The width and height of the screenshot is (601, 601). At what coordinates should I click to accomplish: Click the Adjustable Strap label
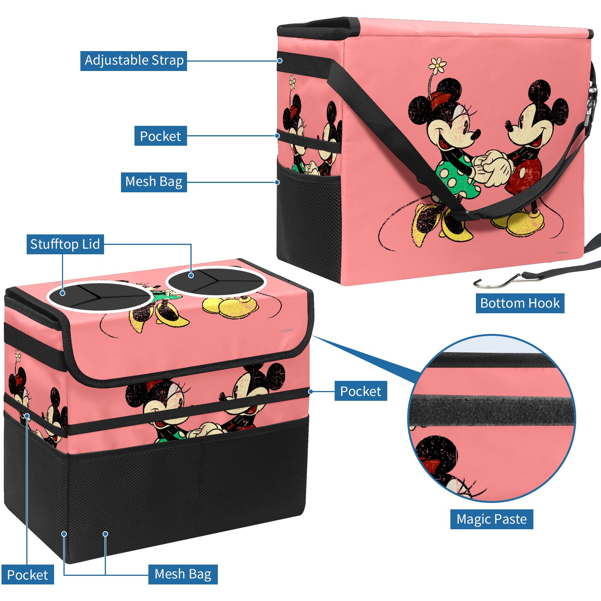[x=134, y=60]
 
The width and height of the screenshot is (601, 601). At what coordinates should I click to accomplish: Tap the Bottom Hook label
[x=520, y=303]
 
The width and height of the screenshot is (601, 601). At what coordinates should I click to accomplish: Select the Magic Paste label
[x=492, y=519]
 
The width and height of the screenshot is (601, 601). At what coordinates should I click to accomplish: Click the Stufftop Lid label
[x=65, y=244]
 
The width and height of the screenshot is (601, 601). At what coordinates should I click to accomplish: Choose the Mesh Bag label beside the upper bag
[x=154, y=182]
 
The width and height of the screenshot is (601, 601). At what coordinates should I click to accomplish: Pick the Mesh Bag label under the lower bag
[x=183, y=574]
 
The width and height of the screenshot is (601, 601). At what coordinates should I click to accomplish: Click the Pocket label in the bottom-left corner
[x=27, y=575]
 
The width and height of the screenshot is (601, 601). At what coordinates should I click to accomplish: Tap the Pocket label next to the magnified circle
[x=361, y=391]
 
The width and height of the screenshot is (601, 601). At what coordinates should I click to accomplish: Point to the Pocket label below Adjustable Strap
[x=160, y=136]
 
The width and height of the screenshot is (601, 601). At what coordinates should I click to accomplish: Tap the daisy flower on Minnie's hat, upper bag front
[x=437, y=65]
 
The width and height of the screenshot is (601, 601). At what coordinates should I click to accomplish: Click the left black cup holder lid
[x=100, y=296]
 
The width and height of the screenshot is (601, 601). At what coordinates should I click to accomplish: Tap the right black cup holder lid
[x=216, y=281]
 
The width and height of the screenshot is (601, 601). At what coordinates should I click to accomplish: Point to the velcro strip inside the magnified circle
[x=492, y=411]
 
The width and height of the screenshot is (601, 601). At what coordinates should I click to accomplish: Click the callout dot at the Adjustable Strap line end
[x=280, y=60]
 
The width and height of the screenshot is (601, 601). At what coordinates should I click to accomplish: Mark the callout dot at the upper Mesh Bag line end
[x=277, y=182]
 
